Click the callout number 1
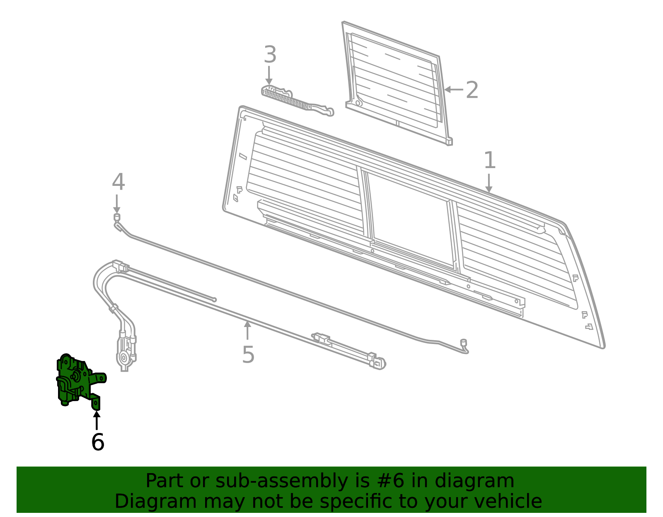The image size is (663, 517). point(489,160)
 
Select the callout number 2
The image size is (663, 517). point(472,90)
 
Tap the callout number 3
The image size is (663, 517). point(270,55)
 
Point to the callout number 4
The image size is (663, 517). point(118,182)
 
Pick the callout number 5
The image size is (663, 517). point(248,355)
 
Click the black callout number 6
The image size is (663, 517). point(97,442)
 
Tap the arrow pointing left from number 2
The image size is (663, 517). point(453,89)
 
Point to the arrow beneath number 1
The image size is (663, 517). point(489,183)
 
